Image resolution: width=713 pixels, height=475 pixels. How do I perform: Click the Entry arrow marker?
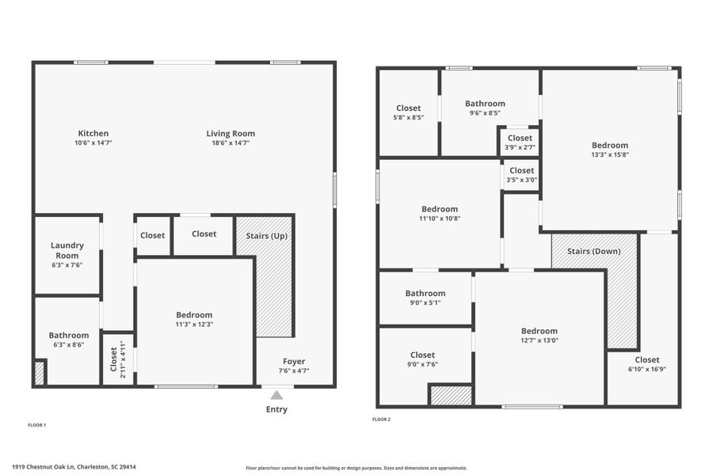[276, 395]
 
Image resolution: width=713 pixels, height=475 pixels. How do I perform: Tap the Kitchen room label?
[93, 133]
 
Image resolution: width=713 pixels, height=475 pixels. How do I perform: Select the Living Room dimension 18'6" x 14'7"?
[231, 144]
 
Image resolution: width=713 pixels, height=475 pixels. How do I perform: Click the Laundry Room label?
[67, 250]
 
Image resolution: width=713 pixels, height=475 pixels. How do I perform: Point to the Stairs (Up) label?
[266, 236]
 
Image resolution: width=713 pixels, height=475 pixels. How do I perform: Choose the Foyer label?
[294, 361]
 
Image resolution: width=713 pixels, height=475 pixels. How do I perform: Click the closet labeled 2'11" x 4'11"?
[117, 357]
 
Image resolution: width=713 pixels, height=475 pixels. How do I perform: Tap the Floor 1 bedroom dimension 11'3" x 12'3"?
[194, 325]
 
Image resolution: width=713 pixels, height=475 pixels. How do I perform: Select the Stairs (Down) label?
[593, 251]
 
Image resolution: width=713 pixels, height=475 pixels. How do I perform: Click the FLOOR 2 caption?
[382, 419]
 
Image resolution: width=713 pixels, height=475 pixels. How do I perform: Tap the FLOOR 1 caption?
[37, 425]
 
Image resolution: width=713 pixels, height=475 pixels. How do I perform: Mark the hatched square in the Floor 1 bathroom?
[40, 373]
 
